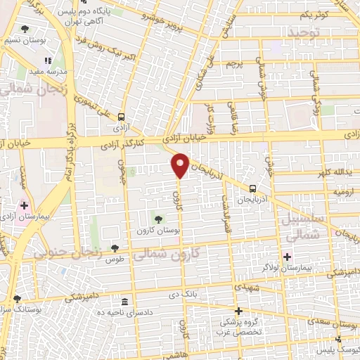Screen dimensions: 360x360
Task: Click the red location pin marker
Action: (181, 165)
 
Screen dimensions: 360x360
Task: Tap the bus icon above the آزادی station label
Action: (123, 117)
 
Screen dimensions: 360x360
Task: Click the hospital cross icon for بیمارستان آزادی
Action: (25, 206)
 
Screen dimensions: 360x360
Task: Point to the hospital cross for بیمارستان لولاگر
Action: (287, 256)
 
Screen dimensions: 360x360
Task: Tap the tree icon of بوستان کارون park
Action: (157, 219)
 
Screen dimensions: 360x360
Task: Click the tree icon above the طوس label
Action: (115, 248)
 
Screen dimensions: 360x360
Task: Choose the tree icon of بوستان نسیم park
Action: (25, 30)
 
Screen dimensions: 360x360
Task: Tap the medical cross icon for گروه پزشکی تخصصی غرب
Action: (238, 311)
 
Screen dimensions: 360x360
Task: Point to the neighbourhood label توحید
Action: (304, 32)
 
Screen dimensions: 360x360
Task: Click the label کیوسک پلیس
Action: (329, 349)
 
